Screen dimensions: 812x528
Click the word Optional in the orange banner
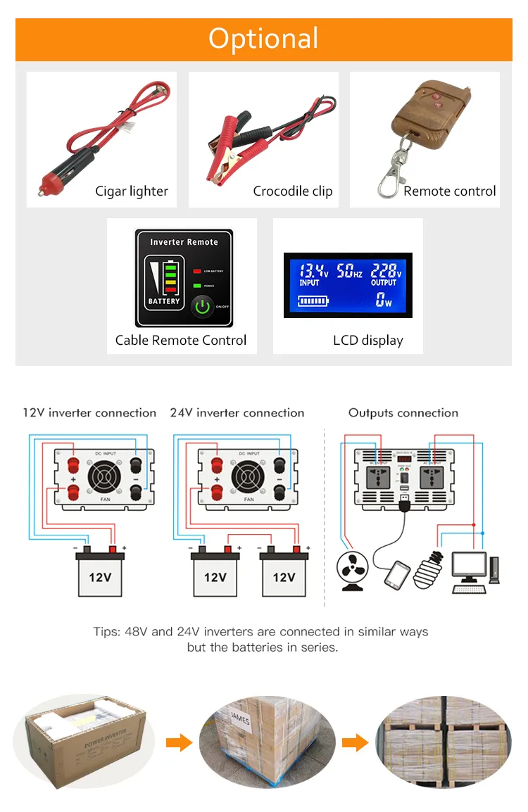[263, 39]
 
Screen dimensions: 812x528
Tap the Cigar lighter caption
[132, 191]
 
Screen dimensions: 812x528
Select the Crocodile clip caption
[293, 191]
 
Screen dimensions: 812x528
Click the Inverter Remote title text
[184, 242]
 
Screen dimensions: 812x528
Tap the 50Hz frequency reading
[349, 271]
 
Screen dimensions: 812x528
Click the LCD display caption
[367, 341]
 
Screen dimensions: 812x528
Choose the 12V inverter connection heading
[89, 413]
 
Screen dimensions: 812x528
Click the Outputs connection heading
[403, 413]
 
